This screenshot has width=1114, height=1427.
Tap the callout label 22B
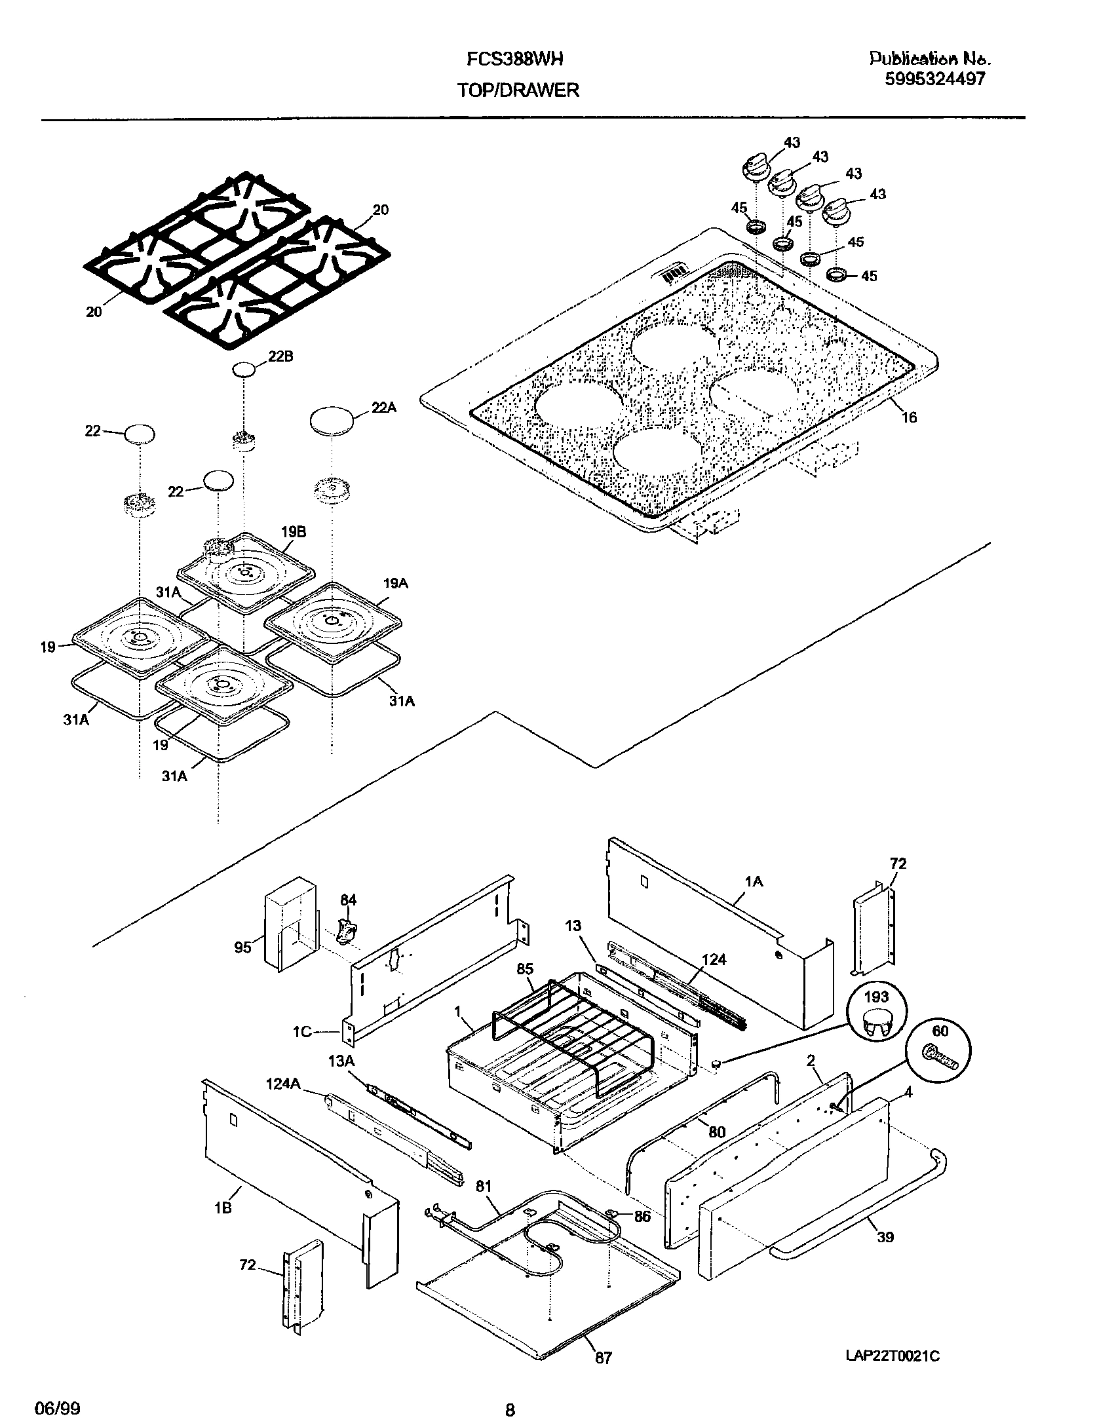tap(280, 356)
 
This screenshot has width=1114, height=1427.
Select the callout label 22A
tap(384, 407)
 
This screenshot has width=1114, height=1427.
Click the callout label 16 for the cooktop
tap(909, 417)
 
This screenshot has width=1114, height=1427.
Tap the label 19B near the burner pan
tap(294, 532)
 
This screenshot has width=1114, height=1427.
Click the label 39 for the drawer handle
tap(885, 1237)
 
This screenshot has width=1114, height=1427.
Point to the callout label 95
tap(243, 947)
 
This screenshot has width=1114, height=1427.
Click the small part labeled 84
tap(347, 930)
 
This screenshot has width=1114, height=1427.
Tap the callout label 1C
tap(302, 1033)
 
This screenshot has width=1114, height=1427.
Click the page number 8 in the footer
tap(510, 1405)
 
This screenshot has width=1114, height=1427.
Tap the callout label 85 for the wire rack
tap(525, 969)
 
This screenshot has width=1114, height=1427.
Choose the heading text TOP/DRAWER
tap(518, 90)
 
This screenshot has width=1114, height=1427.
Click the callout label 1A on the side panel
tap(754, 882)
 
